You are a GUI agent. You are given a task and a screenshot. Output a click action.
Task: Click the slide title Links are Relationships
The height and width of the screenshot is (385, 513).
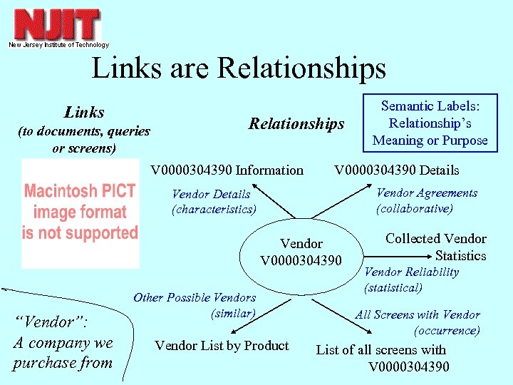pyautogui.click(x=239, y=68)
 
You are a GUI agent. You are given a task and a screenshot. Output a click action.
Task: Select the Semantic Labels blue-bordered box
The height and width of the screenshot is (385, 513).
pyautogui.click(x=430, y=123)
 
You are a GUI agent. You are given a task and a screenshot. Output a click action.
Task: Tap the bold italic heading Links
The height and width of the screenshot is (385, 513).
pyautogui.click(x=84, y=112)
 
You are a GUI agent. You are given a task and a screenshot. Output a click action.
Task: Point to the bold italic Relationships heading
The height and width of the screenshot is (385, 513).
pyautogui.click(x=296, y=124)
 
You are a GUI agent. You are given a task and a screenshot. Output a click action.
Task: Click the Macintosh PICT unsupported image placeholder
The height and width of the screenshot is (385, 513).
pyautogui.click(x=80, y=212)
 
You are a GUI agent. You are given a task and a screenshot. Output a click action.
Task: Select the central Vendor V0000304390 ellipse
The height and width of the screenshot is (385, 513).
pyautogui.click(x=301, y=252)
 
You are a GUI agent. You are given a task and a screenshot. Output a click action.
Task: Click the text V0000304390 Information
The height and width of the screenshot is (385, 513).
pyautogui.click(x=227, y=170)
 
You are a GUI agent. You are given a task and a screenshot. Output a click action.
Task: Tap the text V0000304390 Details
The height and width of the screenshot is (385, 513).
pyautogui.click(x=397, y=170)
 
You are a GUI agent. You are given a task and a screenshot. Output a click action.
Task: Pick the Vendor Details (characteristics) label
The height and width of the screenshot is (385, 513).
pyautogui.click(x=213, y=201)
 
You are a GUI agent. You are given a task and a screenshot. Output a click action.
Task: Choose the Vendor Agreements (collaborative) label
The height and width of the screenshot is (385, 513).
pyautogui.click(x=426, y=200)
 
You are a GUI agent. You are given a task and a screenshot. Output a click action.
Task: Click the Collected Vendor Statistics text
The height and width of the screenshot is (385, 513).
pyautogui.click(x=436, y=247)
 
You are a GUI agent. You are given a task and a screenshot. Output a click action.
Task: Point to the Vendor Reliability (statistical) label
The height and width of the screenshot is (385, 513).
pyautogui.click(x=411, y=279)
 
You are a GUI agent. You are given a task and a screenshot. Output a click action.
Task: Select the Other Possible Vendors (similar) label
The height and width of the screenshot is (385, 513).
pyautogui.click(x=195, y=305)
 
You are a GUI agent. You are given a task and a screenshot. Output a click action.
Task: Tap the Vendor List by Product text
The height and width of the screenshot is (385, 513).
pyautogui.click(x=222, y=346)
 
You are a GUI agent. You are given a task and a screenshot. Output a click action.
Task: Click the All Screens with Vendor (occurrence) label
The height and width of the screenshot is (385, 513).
pyautogui.click(x=418, y=322)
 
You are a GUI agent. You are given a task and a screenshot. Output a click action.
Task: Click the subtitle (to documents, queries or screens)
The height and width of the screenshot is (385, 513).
pyautogui.click(x=83, y=140)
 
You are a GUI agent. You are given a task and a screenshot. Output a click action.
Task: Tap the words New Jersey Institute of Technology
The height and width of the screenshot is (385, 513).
pyautogui.click(x=58, y=45)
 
